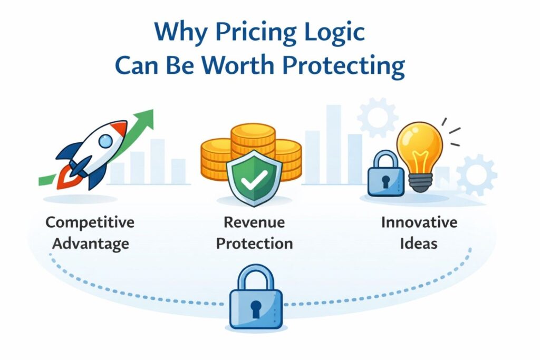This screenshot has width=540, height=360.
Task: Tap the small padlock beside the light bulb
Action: pos(385,177)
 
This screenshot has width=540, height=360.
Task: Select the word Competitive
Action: pos(90,222)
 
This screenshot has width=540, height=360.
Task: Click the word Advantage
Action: pos(90,244)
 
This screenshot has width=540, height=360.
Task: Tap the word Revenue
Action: pos(255,222)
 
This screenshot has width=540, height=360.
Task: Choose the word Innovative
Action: pos(419,222)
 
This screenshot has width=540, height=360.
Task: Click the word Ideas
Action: pos(419,244)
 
